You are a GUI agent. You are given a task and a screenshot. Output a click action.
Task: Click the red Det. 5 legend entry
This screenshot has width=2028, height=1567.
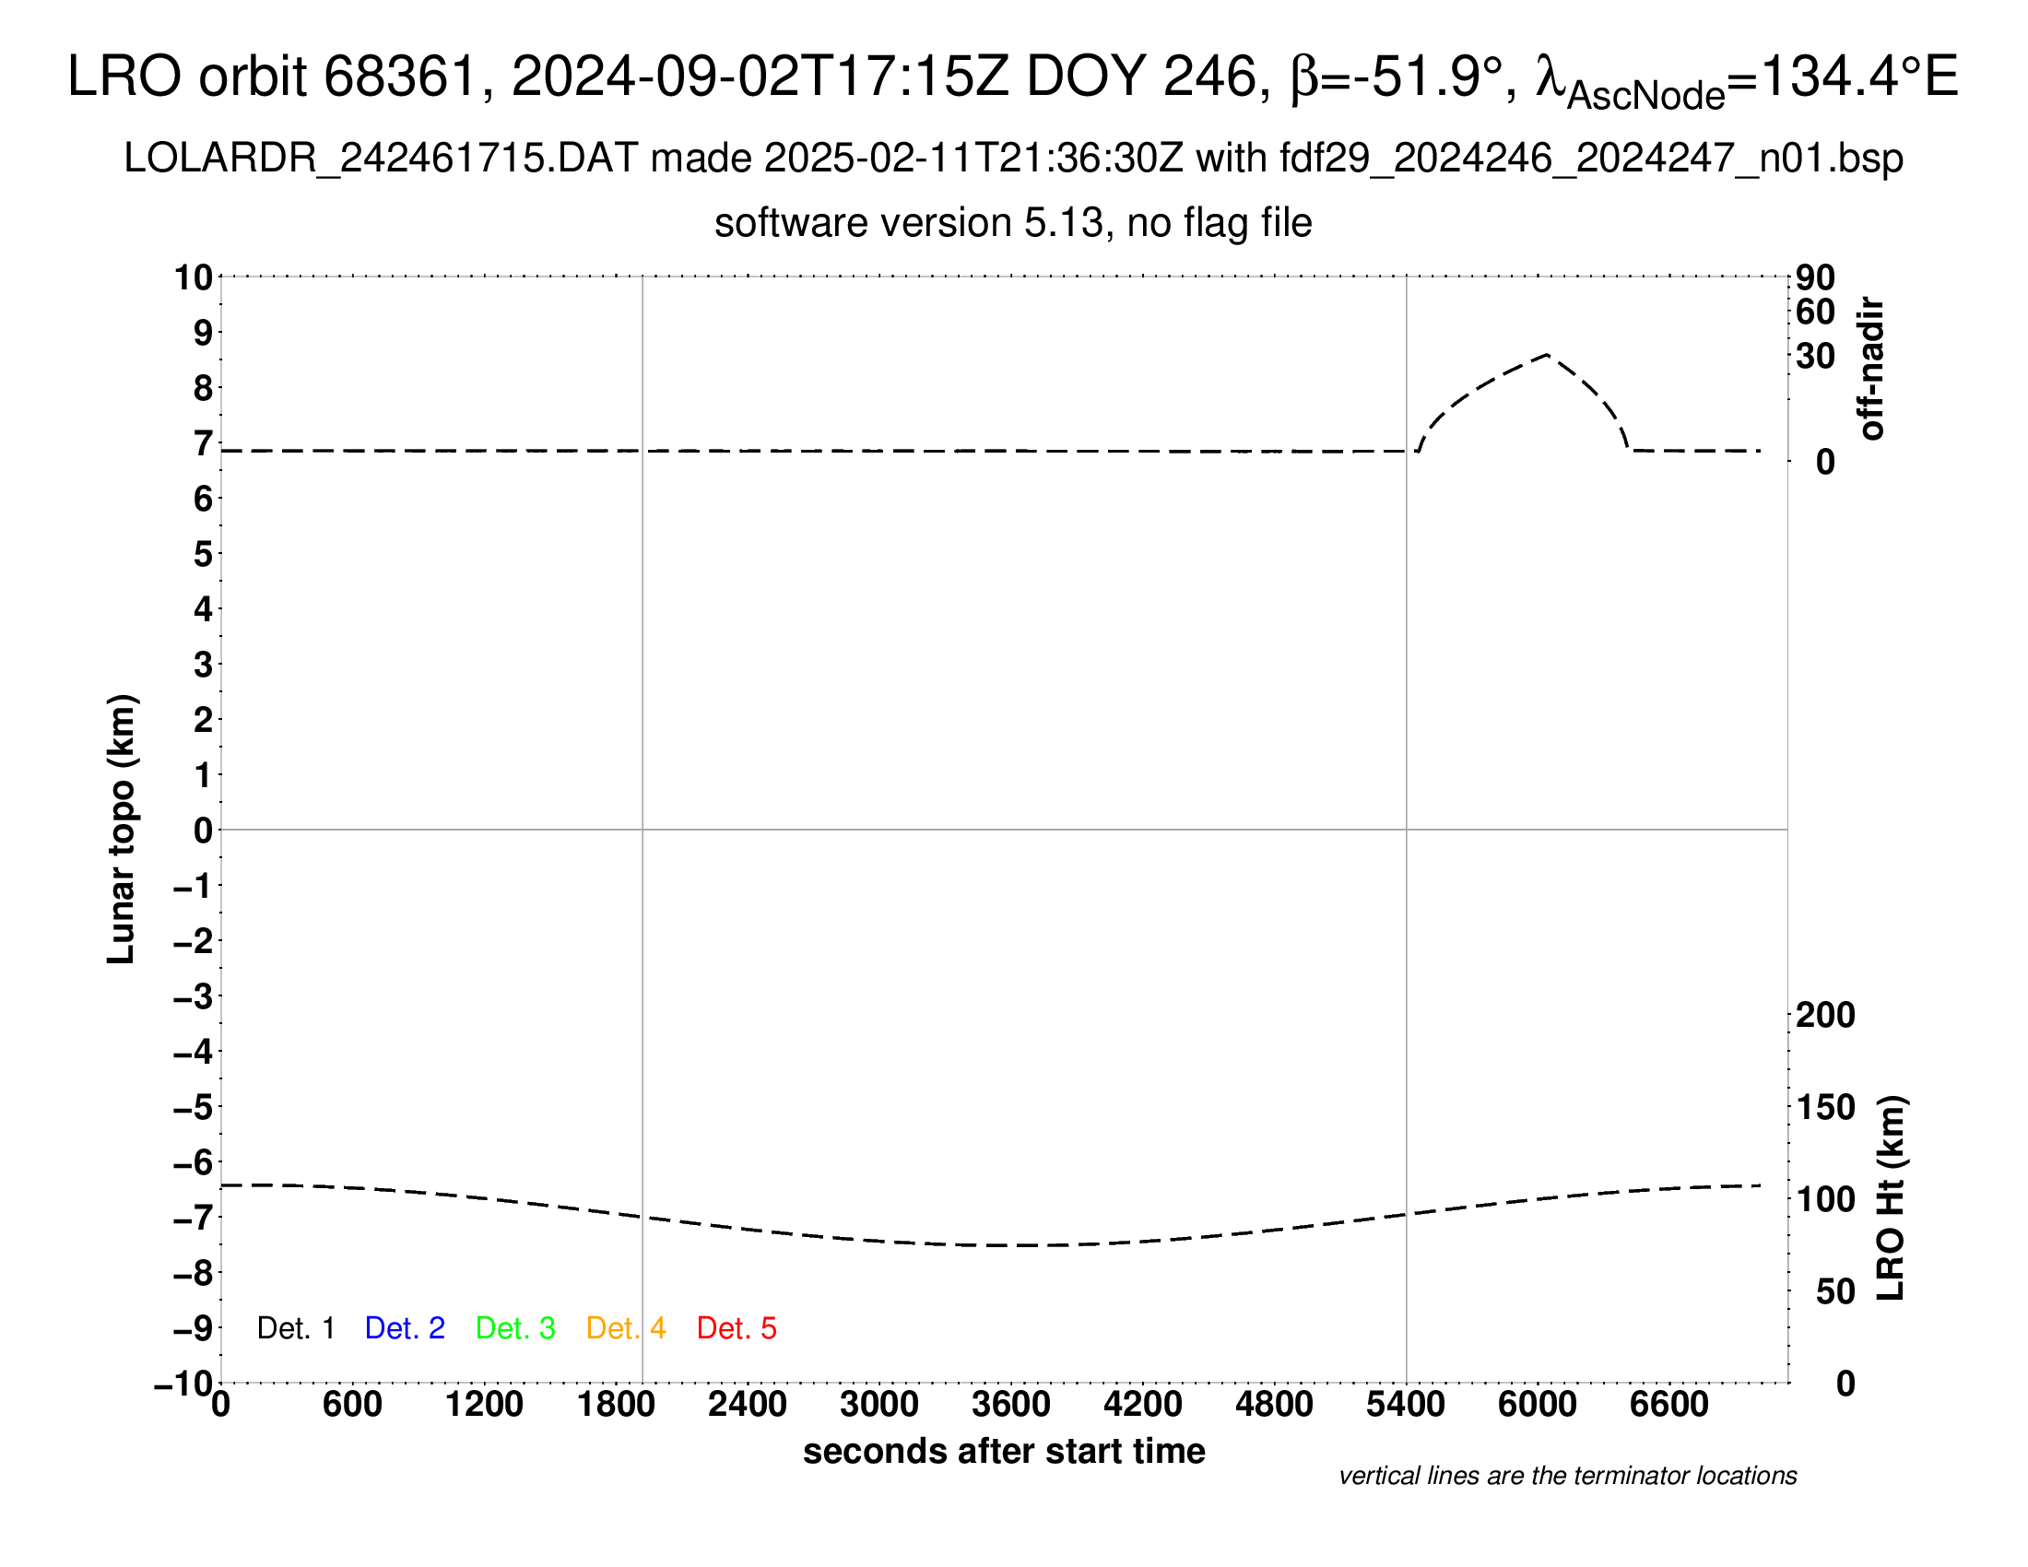point(737,1328)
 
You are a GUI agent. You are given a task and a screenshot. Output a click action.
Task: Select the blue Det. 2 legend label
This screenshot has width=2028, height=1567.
point(405,1328)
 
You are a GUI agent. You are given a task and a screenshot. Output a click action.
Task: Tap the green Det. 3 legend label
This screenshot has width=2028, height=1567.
point(515,1328)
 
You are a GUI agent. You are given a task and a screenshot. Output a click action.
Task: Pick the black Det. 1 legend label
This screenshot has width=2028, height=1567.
point(295,1328)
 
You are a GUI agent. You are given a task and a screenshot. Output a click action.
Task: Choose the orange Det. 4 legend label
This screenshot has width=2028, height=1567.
point(626,1328)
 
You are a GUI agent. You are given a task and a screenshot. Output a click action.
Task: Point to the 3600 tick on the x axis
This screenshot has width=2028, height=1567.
point(1011,1404)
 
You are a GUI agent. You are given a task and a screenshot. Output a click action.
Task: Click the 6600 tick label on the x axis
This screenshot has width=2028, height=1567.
point(1668,1404)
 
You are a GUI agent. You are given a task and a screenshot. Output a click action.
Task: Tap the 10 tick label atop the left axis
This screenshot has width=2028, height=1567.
point(195,277)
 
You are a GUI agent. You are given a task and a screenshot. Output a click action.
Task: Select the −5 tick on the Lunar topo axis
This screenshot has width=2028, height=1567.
point(193,1107)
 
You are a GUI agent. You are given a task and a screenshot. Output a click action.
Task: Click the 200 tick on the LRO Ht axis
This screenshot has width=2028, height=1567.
point(1825,1015)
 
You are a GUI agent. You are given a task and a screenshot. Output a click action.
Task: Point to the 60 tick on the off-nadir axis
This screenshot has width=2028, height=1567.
point(1815,312)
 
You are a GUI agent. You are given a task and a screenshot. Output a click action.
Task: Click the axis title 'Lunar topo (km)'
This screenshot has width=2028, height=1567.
point(122,829)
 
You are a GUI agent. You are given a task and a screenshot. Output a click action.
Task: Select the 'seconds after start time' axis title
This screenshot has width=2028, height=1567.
point(1004,1451)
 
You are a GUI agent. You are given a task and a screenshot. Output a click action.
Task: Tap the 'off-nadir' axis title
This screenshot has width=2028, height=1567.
point(1872,369)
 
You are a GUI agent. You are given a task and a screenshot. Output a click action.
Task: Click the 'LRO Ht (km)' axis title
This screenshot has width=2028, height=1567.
point(1891,1198)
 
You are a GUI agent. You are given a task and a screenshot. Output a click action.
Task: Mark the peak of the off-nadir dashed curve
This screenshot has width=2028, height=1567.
point(1547,355)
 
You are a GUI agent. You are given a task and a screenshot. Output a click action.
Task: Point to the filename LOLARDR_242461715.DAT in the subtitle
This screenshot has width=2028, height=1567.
point(381,159)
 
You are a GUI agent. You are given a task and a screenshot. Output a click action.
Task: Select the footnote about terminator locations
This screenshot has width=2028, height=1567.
point(1567,1476)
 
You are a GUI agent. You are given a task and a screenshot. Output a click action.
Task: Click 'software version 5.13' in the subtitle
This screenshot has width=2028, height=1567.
point(910,224)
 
